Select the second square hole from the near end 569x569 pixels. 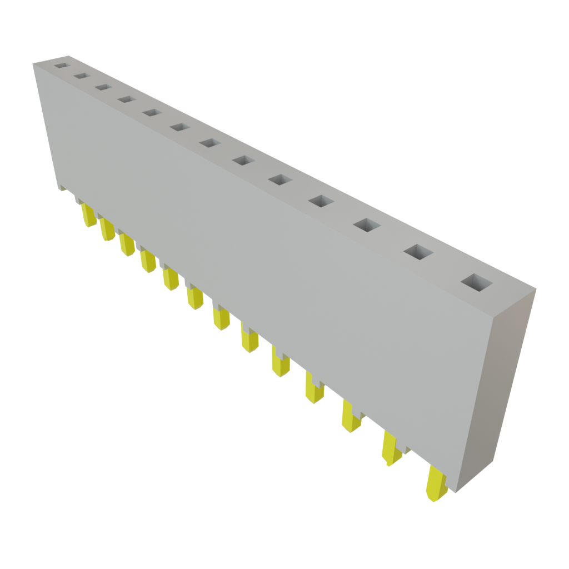tap(418, 252)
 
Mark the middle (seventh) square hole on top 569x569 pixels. tap(209, 143)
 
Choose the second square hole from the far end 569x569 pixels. tap(81, 76)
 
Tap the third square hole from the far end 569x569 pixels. tap(102, 87)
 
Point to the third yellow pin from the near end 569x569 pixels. tap(351, 418)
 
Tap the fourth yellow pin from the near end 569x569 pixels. tap(314, 390)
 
